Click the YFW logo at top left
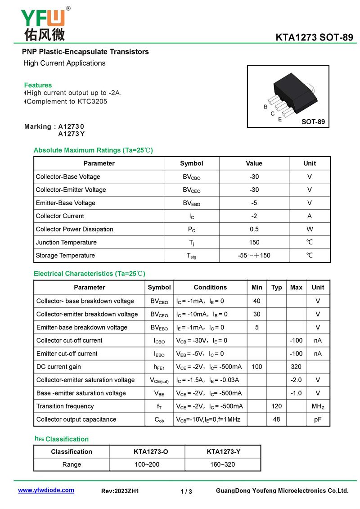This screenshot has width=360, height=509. (x=43, y=23)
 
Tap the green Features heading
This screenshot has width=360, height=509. (x=38, y=85)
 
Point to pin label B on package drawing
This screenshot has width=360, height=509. (x=265, y=107)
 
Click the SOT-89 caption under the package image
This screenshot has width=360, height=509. (x=313, y=122)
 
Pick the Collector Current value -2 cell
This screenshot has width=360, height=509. (x=254, y=216)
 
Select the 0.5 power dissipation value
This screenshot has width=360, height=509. (x=254, y=229)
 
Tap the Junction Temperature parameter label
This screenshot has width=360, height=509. (x=66, y=242)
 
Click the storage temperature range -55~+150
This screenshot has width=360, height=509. (x=254, y=255)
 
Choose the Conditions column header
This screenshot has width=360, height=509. (x=210, y=287)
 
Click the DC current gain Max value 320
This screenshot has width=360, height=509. (x=296, y=367)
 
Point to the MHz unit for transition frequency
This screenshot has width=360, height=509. (x=318, y=406)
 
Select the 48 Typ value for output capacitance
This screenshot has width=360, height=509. (x=276, y=419)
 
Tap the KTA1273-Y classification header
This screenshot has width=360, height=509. (x=223, y=451)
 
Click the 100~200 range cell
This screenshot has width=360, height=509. (x=147, y=464)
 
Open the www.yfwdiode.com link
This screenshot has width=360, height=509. (x=46, y=490)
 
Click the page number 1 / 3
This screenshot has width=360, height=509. (x=186, y=491)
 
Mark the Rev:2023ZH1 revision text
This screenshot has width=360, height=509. (x=120, y=491)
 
